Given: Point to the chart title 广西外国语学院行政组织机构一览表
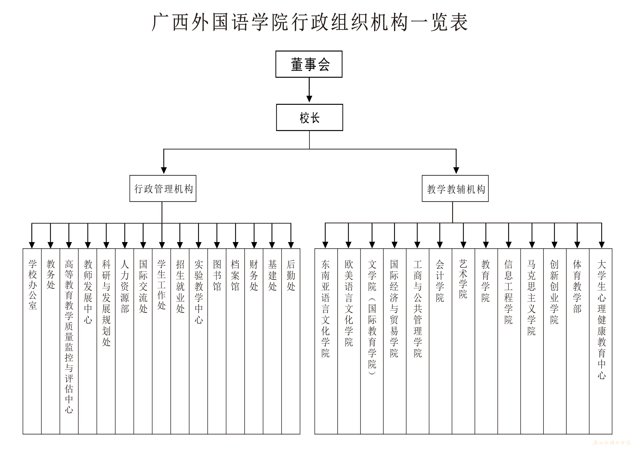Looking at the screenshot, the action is point(310,22).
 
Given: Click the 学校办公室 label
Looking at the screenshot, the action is point(32,285).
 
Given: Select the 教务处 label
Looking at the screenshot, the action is point(51,274).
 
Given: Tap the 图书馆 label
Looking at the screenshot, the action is point(217,275).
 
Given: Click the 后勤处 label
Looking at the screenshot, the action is point(291,275).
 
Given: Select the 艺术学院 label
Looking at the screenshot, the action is point(463,279).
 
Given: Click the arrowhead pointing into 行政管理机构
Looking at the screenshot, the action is point(164,170).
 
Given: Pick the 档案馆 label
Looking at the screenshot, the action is point(235,275).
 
